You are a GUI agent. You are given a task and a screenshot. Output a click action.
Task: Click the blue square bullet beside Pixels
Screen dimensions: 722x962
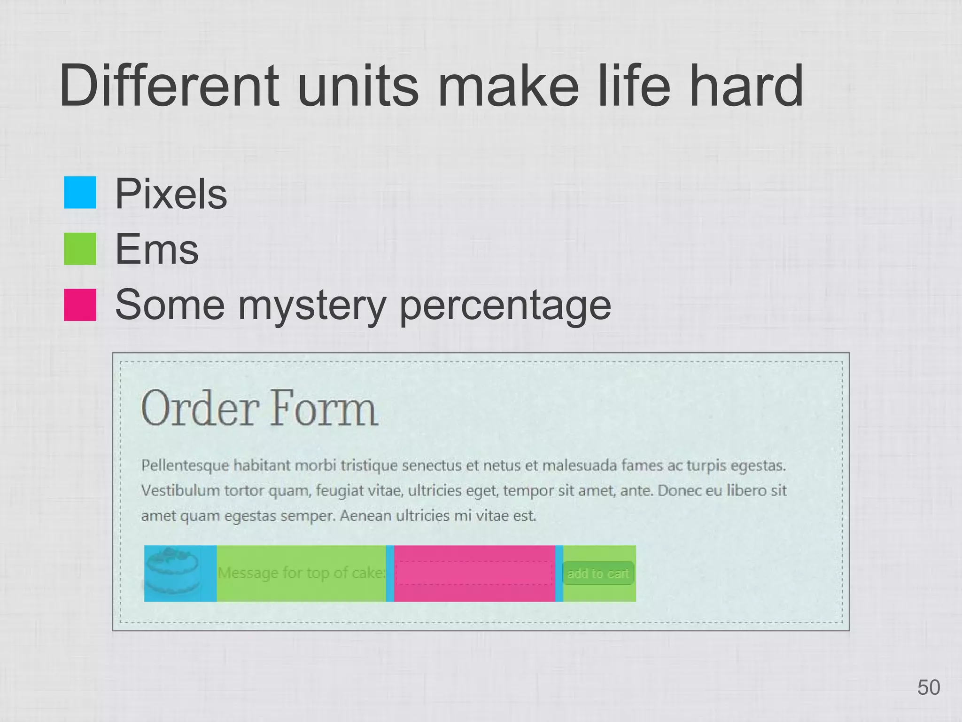[x=80, y=192]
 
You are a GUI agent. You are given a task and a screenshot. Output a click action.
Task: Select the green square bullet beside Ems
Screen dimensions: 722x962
[x=80, y=249]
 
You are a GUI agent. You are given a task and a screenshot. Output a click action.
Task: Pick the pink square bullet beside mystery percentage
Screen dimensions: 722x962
[x=80, y=305]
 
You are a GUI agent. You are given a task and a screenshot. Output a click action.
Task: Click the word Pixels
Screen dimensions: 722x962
[x=171, y=194]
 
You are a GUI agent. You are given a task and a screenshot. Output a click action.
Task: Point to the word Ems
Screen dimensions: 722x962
[x=157, y=249]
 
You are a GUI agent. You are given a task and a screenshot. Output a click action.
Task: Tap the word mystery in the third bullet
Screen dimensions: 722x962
[x=311, y=306]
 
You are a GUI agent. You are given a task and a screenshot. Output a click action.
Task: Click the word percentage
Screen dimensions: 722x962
[x=505, y=306]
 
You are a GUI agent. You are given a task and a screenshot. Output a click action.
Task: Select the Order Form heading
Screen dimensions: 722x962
[x=259, y=408]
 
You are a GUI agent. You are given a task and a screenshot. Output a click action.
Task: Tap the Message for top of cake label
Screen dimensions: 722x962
[x=301, y=573]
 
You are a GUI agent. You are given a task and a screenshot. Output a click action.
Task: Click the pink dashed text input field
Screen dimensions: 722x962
[x=474, y=573]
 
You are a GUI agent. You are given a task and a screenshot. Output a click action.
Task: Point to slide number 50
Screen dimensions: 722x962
[x=929, y=688]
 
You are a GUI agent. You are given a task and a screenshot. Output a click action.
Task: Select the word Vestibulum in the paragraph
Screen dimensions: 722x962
[x=180, y=491]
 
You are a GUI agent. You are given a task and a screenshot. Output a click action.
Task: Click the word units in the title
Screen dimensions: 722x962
[x=357, y=86]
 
